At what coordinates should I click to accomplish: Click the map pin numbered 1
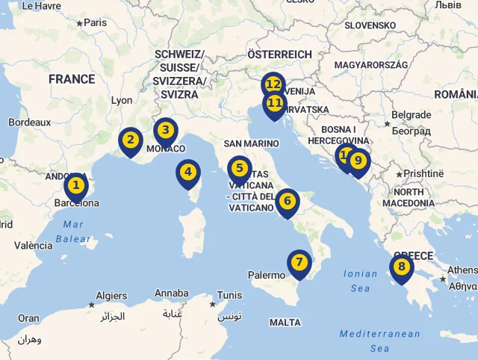[x=75, y=184]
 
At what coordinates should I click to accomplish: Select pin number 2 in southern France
[x=131, y=140]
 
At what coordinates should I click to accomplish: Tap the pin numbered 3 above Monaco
[x=165, y=130]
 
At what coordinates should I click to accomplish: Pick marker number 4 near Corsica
[x=188, y=173]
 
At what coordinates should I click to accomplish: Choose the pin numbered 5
[x=240, y=169]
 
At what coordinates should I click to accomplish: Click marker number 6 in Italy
[x=287, y=200]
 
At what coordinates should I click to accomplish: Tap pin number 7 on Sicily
[x=299, y=262]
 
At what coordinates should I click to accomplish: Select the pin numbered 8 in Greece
[x=401, y=267]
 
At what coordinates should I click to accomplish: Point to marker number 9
[x=358, y=160]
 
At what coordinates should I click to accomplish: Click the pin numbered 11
[x=275, y=103]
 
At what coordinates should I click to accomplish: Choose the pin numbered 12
[x=273, y=84]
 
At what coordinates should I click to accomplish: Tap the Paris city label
[x=95, y=22]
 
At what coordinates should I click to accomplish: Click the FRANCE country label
[x=72, y=79]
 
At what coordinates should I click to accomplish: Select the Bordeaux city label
[x=30, y=122]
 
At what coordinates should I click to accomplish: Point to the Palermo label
[x=267, y=276]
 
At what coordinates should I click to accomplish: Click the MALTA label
[x=285, y=323]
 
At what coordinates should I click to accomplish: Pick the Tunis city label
[x=229, y=295]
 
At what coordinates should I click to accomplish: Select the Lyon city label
[x=121, y=100]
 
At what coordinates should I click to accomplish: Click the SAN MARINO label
[x=251, y=143]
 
